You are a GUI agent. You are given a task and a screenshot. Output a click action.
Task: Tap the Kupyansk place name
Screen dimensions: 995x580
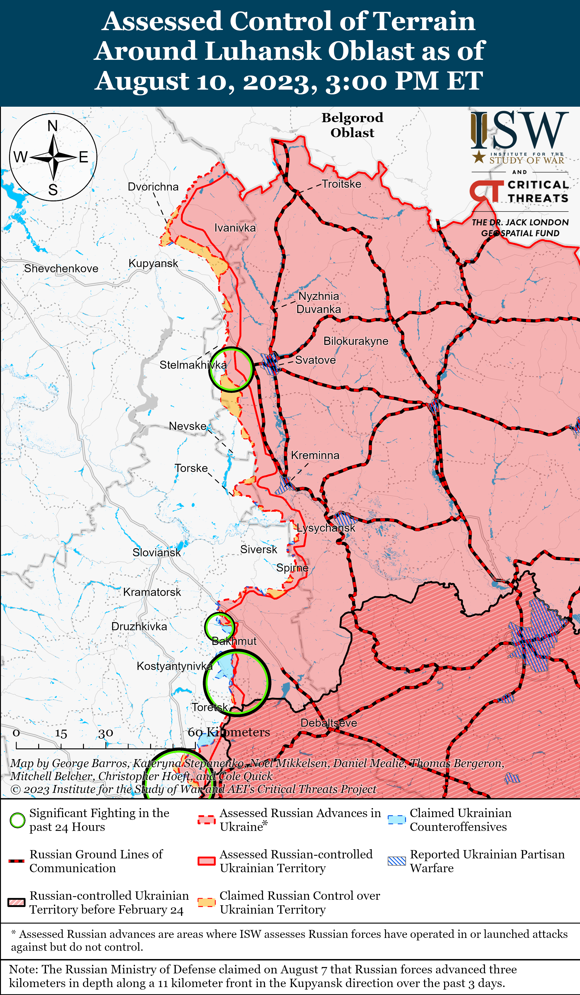tap(153, 263)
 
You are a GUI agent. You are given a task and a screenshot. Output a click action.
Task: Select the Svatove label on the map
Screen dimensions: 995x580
tap(315, 360)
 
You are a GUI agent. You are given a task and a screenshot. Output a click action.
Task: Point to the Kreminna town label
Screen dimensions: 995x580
tap(315, 455)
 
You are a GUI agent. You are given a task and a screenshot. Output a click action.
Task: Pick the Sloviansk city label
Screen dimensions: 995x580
tap(156, 552)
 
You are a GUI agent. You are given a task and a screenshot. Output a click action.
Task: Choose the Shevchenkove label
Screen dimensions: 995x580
tap(61, 268)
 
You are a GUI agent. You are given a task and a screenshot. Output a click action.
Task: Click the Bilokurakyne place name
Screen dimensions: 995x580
tap(356, 341)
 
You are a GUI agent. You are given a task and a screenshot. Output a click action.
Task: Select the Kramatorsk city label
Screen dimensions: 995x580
tap(152, 592)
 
